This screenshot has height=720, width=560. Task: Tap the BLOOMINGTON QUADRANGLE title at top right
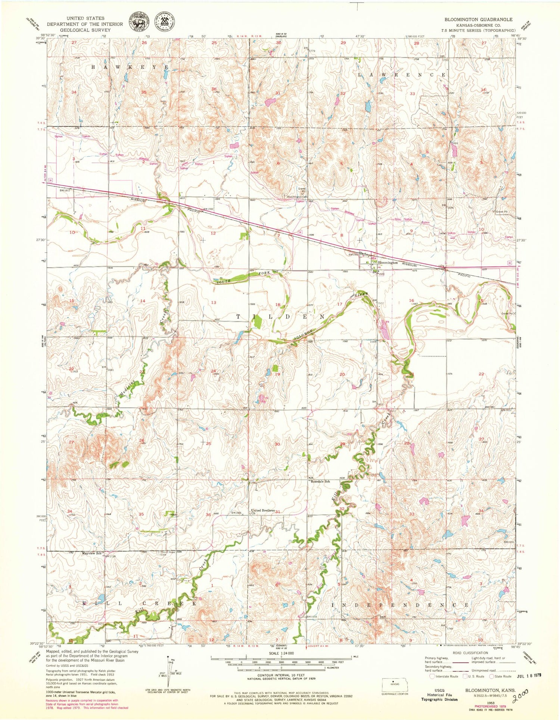coord(478,19)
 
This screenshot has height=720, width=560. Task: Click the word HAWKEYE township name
coord(131,67)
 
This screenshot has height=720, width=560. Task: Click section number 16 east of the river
coord(411,300)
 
